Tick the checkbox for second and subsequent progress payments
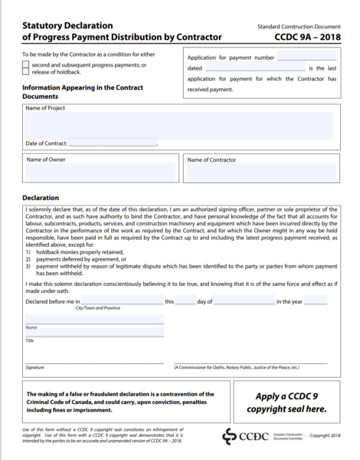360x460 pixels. tap(26, 64)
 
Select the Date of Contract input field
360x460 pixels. tap(113, 143)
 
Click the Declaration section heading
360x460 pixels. tap(43, 198)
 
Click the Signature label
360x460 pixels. tap(35, 367)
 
